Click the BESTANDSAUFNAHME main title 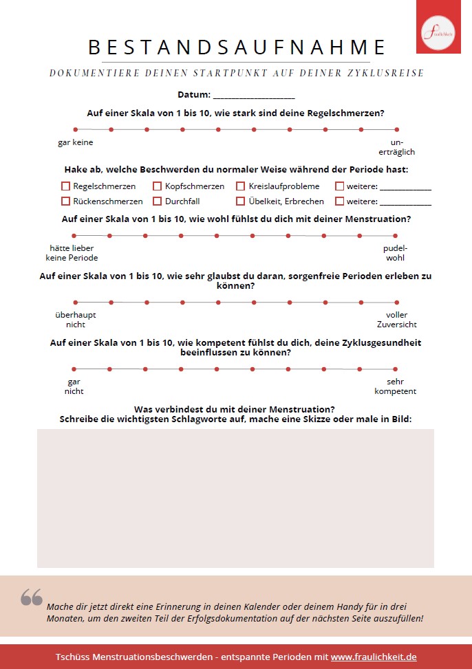click(237, 47)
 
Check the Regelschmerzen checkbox click(66, 186)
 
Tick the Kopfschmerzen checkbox click(158, 186)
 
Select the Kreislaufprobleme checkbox click(241, 186)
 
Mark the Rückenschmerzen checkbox click(66, 201)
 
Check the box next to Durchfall click(158, 201)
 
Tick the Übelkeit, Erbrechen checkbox click(241, 201)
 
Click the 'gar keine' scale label click(76, 142)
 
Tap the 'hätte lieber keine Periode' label click(72, 252)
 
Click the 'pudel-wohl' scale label click(395, 252)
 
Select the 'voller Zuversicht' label click(396, 319)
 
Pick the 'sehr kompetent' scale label click(395, 386)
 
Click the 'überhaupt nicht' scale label click(76, 319)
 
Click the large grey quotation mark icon click(32, 597)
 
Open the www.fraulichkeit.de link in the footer click(374, 657)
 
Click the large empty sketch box click(235, 498)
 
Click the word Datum click(193, 95)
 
